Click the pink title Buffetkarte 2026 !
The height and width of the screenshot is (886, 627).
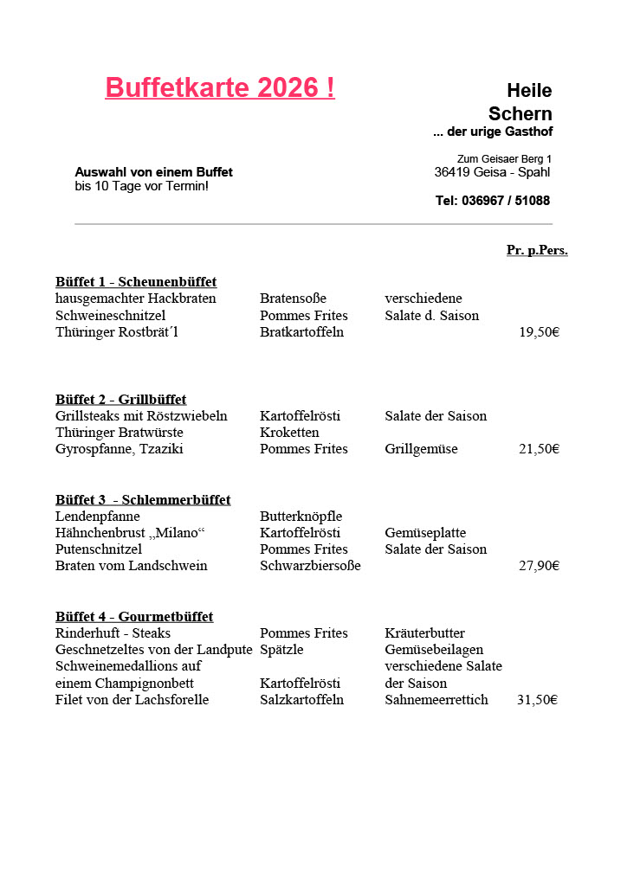(220, 87)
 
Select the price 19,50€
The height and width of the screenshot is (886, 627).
(539, 332)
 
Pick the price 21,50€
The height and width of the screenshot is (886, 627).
(539, 449)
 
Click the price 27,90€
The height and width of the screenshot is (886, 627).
(539, 566)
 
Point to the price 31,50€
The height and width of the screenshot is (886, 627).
(537, 700)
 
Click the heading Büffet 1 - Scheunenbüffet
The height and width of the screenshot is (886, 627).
(136, 282)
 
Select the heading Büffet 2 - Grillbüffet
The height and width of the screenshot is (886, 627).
(121, 399)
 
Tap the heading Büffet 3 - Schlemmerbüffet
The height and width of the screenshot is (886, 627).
(143, 500)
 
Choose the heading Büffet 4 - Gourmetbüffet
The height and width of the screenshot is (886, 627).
(134, 617)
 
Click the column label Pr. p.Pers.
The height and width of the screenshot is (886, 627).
(537, 250)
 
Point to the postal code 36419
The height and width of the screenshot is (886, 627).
(451, 172)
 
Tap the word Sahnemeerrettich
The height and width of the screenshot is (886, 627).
(436, 700)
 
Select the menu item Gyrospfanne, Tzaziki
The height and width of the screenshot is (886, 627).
(120, 449)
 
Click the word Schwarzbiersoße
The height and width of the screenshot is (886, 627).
(310, 566)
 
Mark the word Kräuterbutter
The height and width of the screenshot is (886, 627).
(424, 633)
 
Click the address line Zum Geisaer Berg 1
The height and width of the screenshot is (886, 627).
(504, 158)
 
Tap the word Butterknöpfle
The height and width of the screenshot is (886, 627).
(301, 517)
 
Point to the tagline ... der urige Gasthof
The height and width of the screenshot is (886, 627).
(492, 132)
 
